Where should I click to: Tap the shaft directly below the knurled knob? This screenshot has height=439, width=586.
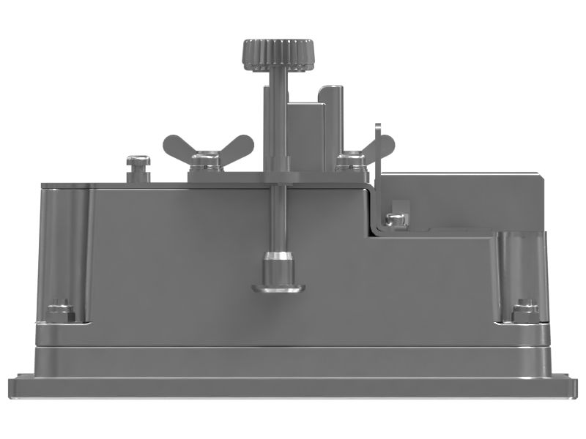click(x=277, y=117)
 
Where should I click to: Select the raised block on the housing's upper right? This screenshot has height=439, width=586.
click(x=461, y=198)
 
